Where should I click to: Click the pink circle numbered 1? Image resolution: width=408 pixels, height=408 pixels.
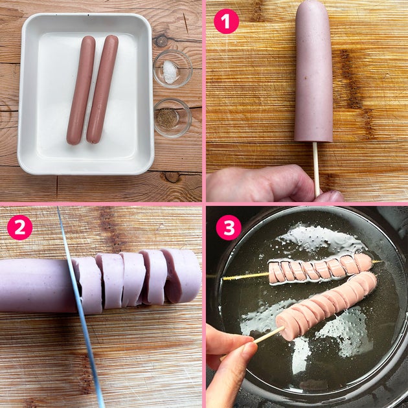226,21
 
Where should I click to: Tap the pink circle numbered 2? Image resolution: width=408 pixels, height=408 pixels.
20,227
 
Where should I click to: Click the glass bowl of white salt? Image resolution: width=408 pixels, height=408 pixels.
172,69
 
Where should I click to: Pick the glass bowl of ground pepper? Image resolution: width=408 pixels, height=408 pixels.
173,118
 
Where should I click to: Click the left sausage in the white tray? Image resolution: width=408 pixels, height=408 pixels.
81,90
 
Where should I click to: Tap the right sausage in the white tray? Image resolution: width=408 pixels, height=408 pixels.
102,89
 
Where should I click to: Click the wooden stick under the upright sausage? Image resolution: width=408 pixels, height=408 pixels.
316,169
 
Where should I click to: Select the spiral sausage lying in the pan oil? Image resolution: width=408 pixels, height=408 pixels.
319,270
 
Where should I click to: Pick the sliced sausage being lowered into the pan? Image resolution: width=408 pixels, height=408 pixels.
327,306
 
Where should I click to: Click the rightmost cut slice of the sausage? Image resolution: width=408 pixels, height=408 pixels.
182,276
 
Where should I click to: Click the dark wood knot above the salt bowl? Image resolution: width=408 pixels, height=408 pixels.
161,40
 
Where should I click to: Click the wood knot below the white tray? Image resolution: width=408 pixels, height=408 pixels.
172,177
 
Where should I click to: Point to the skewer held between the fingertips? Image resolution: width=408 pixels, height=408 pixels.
266,335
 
